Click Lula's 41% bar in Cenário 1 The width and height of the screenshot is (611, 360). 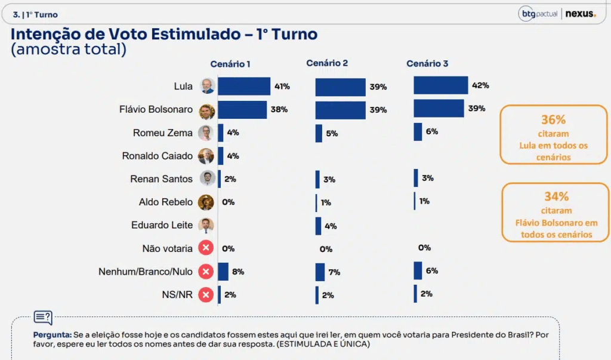[243, 87]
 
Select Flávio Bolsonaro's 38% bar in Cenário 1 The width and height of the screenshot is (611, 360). [242, 110]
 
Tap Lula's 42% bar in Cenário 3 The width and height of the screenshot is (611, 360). [440, 85]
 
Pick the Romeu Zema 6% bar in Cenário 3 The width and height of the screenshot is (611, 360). [418, 132]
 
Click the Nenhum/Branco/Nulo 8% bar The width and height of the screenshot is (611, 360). [223, 272]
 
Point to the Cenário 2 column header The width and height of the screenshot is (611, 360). [327, 63]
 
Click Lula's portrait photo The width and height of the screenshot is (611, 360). [206, 86]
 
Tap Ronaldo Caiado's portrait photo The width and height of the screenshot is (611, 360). [206, 156]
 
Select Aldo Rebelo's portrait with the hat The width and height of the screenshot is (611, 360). [206, 202]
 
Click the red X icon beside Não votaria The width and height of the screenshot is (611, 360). [206, 248]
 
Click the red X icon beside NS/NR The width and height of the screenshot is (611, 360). [206, 294]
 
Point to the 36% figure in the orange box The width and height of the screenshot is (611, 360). [553, 119]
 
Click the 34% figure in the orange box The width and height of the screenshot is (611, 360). [556, 196]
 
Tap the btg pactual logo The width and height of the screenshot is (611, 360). [538, 14]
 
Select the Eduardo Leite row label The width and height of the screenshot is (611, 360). [162, 225]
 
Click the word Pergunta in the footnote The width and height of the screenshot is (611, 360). [52, 335]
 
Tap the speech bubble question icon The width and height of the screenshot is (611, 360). [43, 318]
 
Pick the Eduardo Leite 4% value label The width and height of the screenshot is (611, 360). [331, 226]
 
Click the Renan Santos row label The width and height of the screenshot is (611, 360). [161, 179]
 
